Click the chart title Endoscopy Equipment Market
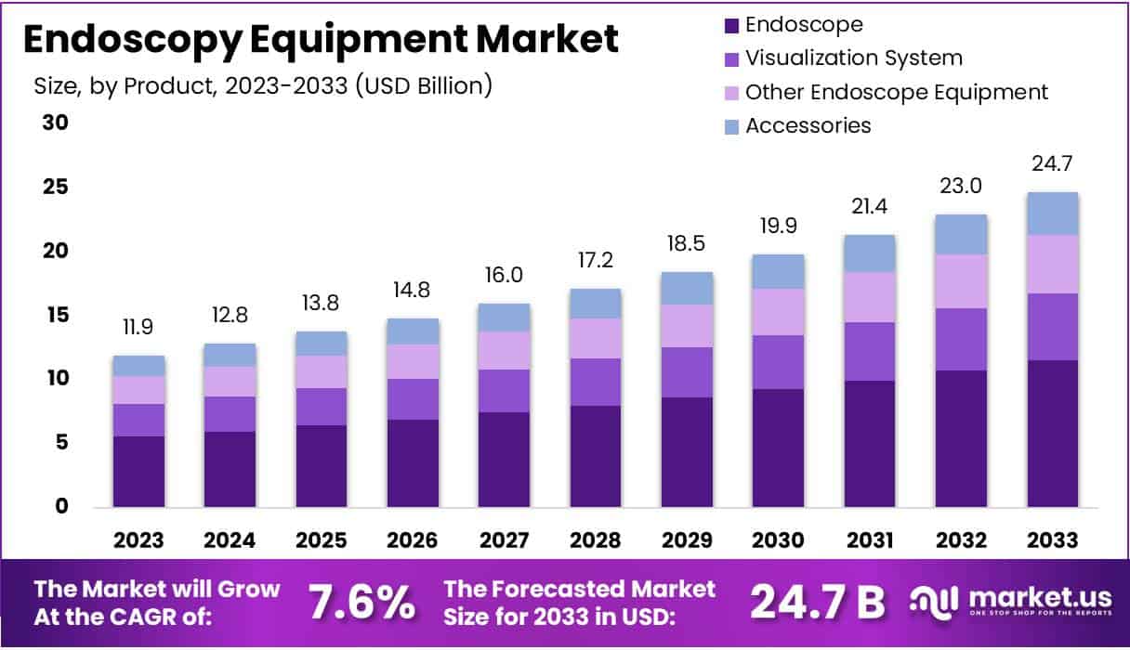320,40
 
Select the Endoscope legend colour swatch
729,25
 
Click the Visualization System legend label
853,58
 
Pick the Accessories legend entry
808,125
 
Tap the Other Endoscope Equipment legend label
896,92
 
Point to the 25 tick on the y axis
56,188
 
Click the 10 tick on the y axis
56,379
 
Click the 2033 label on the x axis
1054,540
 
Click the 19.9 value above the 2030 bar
778,227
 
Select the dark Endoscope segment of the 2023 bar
139,472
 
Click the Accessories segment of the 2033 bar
1054,214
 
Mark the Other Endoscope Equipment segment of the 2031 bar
869,297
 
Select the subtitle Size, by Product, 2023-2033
263,86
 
